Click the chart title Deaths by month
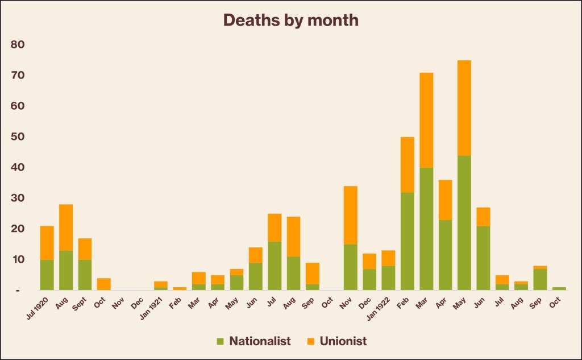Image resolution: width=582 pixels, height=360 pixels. tap(290, 20)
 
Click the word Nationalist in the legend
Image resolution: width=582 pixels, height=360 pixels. tap(260, 341)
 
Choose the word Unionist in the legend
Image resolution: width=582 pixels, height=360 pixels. tap(343, 341)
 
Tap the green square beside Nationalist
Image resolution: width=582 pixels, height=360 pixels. tap(220, 342)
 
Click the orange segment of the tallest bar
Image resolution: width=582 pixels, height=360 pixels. tap(464, 107)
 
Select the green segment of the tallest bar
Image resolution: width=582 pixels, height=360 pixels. tap(464, 222)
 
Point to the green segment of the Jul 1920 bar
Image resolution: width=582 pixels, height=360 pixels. tap(47, 275)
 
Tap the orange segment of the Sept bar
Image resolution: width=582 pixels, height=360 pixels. tap(85, 249)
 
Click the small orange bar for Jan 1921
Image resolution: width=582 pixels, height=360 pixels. tap(161, 284)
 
